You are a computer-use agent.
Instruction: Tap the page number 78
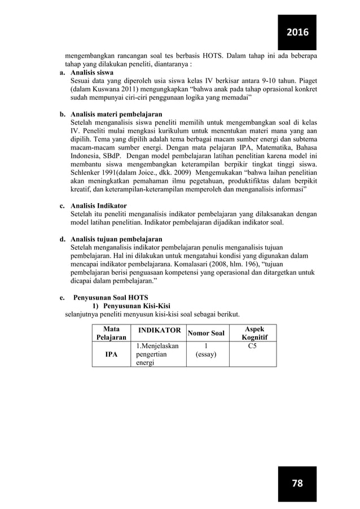(297, 484)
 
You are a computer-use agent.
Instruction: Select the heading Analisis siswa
(91, 73)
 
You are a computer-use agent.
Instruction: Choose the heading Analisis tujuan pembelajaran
(116, 239)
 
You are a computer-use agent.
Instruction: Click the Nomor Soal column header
(207, 334)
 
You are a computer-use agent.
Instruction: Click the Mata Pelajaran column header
(110, 333)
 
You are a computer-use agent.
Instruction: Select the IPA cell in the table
(110, 356)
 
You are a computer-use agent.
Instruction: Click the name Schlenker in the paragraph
(87, 171)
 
